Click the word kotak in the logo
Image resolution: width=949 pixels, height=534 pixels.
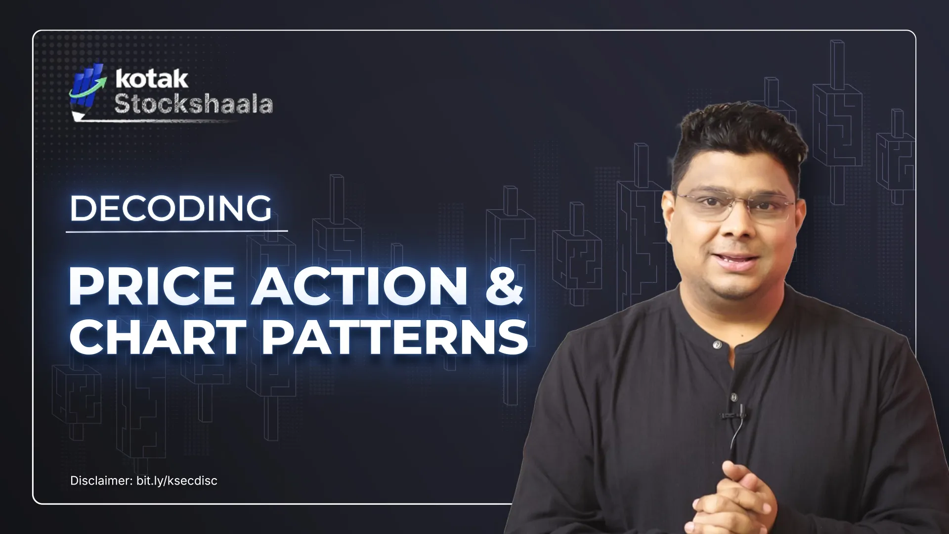152,79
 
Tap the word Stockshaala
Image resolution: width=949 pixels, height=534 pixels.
193,104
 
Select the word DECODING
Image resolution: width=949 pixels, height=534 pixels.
171,208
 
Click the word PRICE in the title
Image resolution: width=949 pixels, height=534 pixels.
152,286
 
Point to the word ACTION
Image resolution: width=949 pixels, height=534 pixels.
360,286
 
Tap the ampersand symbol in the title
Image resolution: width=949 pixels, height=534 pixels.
504,286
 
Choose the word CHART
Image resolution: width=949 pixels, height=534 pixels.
158,337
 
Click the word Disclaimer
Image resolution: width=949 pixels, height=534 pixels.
101,481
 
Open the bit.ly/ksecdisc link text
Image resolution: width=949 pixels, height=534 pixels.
177,481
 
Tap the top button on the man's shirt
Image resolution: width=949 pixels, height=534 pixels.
717,345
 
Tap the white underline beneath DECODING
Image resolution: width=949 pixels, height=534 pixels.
176,231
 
